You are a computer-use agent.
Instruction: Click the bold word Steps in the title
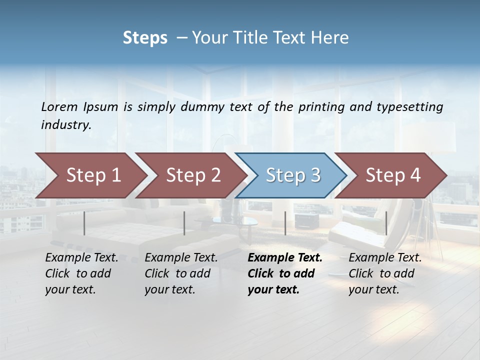(x=145, y=38)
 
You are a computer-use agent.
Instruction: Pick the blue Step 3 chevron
(x=292, y=175)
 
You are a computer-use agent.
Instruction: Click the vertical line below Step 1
(x=84, y=223)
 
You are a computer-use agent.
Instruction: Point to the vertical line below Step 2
(x=184, y=223)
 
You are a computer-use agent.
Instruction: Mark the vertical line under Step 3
(x=285, y=223)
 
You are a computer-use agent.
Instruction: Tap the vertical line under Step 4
(x=386, y=223)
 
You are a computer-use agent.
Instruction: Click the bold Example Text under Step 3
(x=285, y=258)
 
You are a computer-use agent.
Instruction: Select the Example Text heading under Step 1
(x=81, y=258)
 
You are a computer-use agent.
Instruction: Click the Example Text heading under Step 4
(x=385, y=258)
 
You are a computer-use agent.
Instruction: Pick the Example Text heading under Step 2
(x=181, y=258)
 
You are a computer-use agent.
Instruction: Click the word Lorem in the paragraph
(x=59, y=107)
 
